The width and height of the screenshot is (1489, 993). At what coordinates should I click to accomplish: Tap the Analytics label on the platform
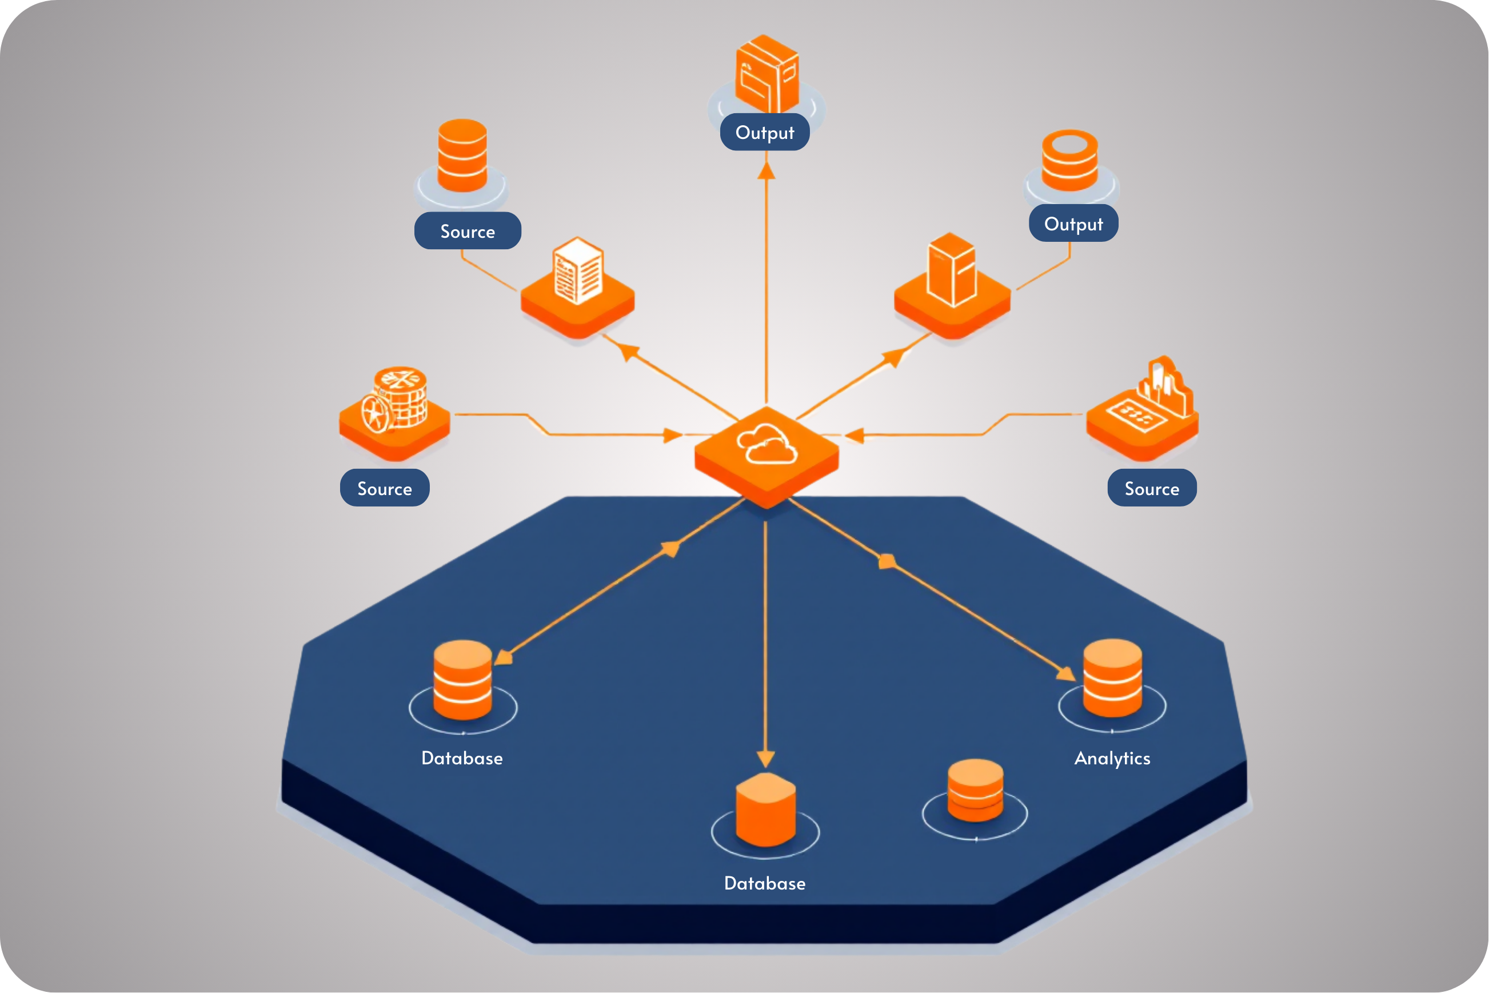[x=1112, y=758]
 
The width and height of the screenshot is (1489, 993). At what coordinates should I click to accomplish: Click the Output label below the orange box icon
[x=765, y=133]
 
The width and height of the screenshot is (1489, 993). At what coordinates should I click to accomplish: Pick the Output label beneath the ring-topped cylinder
[x=1073, y=224]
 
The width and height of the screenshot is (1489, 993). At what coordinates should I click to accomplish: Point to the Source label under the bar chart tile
[x=1152, y=488]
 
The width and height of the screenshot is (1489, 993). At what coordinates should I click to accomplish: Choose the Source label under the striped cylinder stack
[x=467, y=231]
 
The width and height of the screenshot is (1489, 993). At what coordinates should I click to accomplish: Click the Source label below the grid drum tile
[x=384, y=488]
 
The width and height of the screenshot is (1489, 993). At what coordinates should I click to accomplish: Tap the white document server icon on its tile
[x=578, y=270]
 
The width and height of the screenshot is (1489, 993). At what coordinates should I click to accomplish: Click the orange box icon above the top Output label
[x=767, y=74]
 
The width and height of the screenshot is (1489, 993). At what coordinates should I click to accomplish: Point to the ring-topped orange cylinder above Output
[x=1070, y=160]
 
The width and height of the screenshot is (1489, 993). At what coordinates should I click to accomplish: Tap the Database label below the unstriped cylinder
[x=765, y=883]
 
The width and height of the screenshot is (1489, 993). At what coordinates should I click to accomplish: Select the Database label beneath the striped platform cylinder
[x=462, y=758]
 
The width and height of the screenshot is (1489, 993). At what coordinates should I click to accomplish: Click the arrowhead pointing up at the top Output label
[x=767, y=171]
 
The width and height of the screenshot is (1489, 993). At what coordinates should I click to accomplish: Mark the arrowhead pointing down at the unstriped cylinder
[x=765, y=759]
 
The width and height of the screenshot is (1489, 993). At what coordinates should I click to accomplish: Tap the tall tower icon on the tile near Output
[x=951, y=269]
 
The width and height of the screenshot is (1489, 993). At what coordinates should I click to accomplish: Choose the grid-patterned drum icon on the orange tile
[x=396, y=399]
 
